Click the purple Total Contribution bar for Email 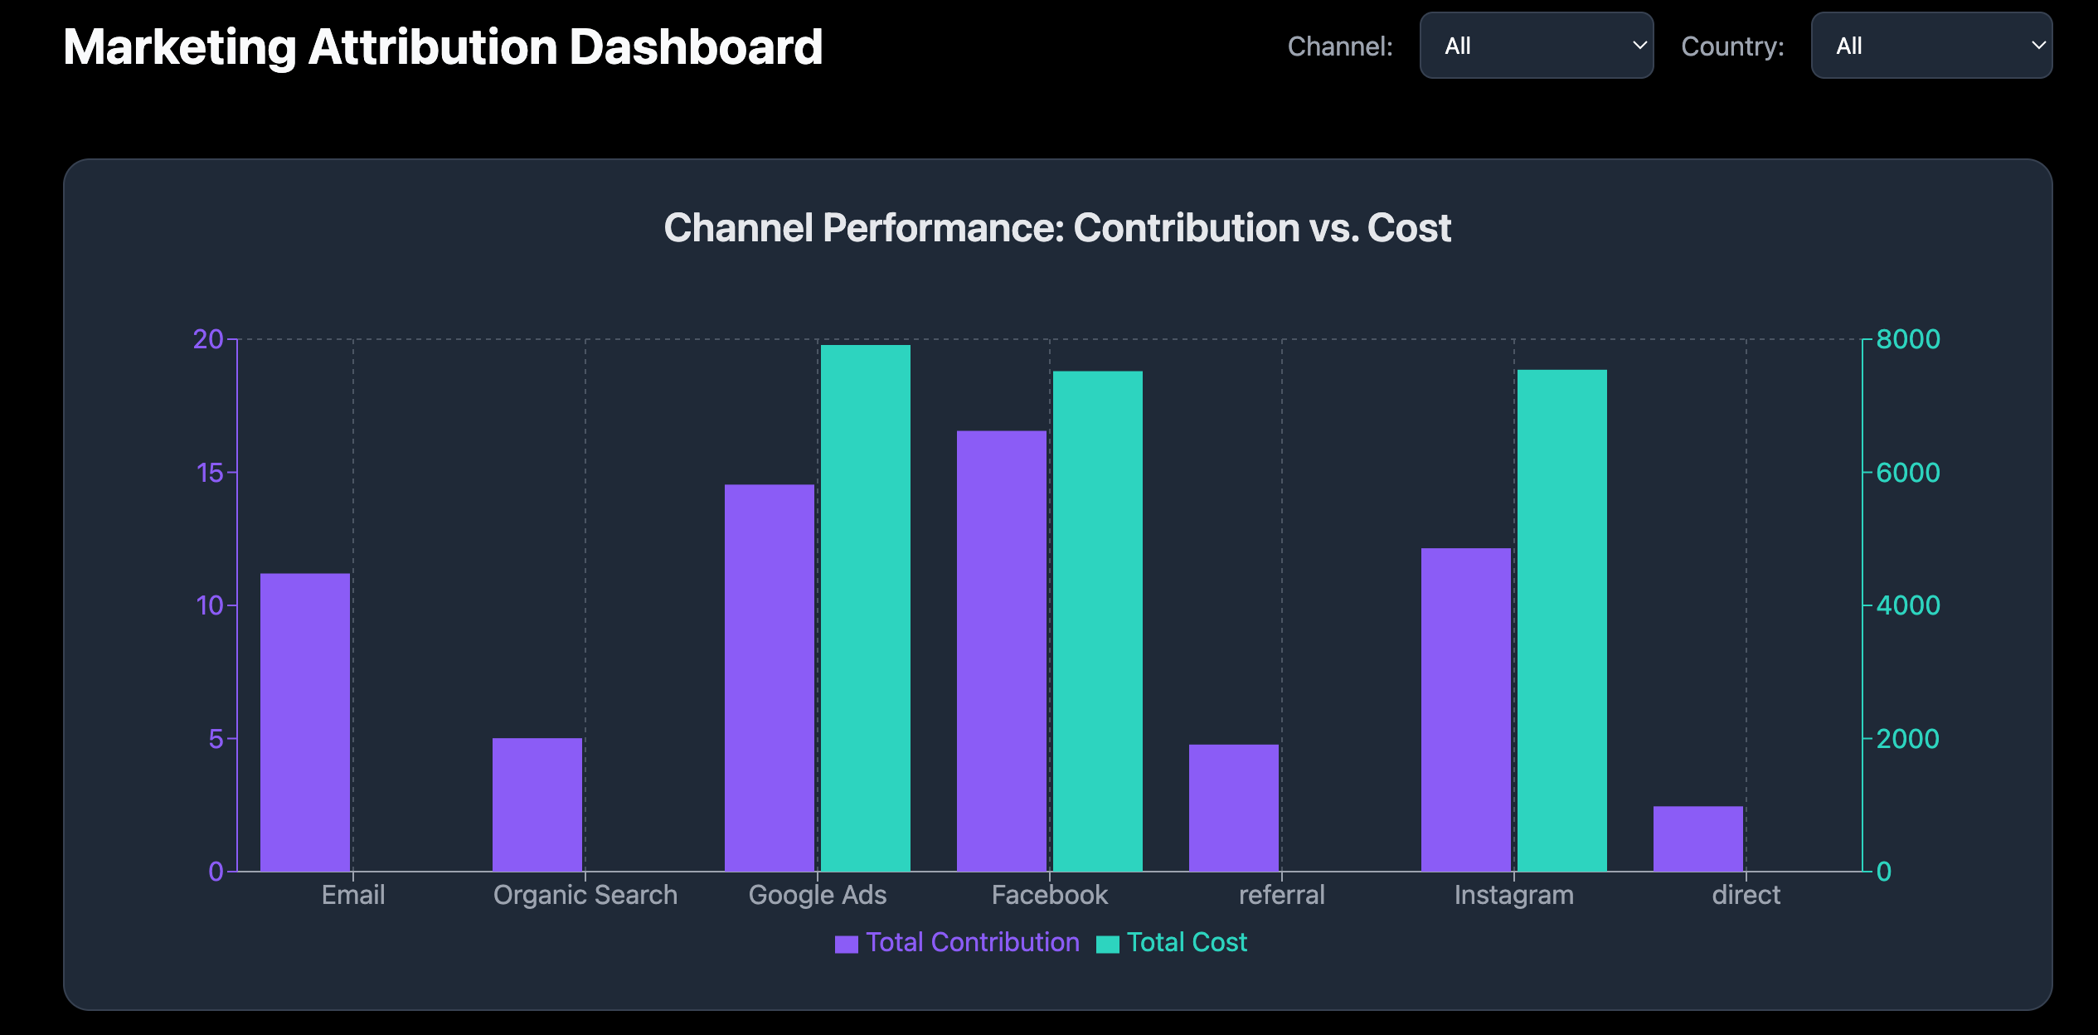pyautogui.click(x=305, y=722)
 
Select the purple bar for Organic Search pyautogui.click(x=537, y=804)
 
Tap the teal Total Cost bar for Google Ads pyautogui.click(x=866, y=608)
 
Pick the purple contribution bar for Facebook pyautogui.click(x=1002, y=651)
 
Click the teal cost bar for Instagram pyautogui.click(x=1562, y=620)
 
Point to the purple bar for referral pyautogui.click(x=1234, y=808)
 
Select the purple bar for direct pyautogui.click(x=1698, y=838)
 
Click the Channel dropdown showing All pyautogui.click(x=1537, y=46)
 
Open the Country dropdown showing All pyautogui.click(x=1931, y=46)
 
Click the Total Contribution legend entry pyautogui.click(x=958, y=943)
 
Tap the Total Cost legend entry pyautogui.click(x=1173, y=943)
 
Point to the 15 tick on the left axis pyautogui.click(x=211, y=473)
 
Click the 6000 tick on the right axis pyautogui.click(x=1908, y=473)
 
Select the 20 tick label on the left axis pyautogui.click(x=208, y=339)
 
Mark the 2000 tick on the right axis pyautogui.click(x=1908, y=739)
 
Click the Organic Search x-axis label pyautogui.click(x=585, y=895)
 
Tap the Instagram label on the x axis pyautogui.click(x=1514, y=895)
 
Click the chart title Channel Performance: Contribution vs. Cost pyautogui.click(x=1057, y=228)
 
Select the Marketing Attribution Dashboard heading pyautogui.click(x=443, y=47)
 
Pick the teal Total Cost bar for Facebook pyautogui.click(x=1098, y=621)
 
